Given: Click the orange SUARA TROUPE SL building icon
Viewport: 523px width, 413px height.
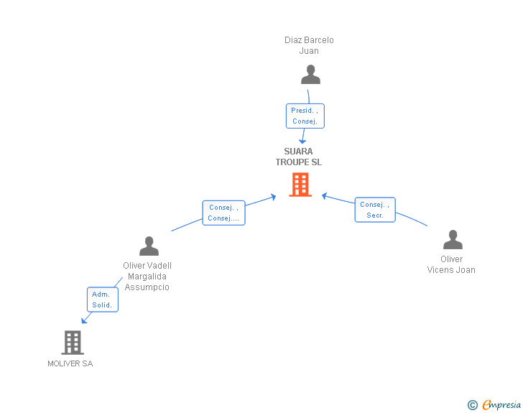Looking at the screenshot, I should [x=300, y=185].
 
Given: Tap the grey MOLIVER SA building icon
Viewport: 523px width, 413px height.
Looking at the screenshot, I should [x=73, y=343].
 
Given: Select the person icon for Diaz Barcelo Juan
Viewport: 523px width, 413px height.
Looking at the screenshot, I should [x=310, y=75].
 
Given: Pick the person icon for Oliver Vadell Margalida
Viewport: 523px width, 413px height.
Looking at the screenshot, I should [x=149, y=246].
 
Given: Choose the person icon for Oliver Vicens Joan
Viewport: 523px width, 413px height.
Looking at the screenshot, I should [x=453, y=240].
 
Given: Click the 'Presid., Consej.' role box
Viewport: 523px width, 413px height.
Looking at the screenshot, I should [x=305, y=116].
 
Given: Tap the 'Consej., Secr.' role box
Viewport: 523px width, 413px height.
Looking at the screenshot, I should [x=375, y=210].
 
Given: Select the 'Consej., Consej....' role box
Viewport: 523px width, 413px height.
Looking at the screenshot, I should [x=223, y=213].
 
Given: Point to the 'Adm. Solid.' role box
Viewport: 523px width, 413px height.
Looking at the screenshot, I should [x=102, y=300].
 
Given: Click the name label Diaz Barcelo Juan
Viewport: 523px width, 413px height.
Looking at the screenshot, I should [x=309, y=45].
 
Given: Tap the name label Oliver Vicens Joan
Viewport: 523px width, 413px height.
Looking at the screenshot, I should [x=451, y=264].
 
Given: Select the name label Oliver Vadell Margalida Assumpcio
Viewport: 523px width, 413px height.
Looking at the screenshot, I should [x=147, y=276].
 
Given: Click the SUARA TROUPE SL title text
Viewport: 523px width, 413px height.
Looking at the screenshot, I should [x=298, y=157].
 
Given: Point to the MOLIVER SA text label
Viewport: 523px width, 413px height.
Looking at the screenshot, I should [x=70, y=363].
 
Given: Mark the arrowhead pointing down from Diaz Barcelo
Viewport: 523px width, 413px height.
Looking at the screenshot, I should [x=302, y=141].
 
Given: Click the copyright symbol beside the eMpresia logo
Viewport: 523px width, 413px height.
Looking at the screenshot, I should [x=472, y=405].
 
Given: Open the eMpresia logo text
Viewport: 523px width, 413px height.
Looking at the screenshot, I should [x=501, y=405].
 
